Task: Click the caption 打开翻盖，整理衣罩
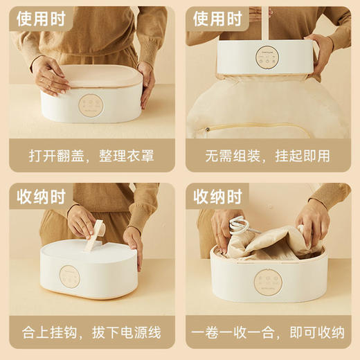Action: (x=90, y=153)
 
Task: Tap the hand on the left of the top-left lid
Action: (x=50, y=75)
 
